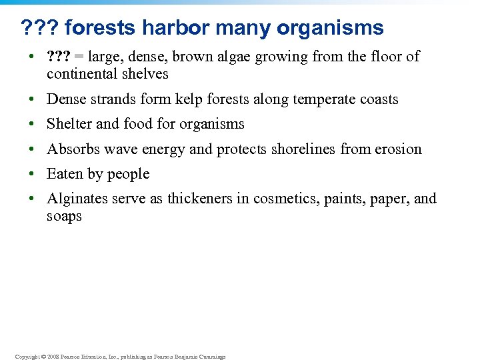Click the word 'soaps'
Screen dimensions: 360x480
click(64, 216)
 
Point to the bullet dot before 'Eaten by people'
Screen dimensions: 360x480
click(31, 175)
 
